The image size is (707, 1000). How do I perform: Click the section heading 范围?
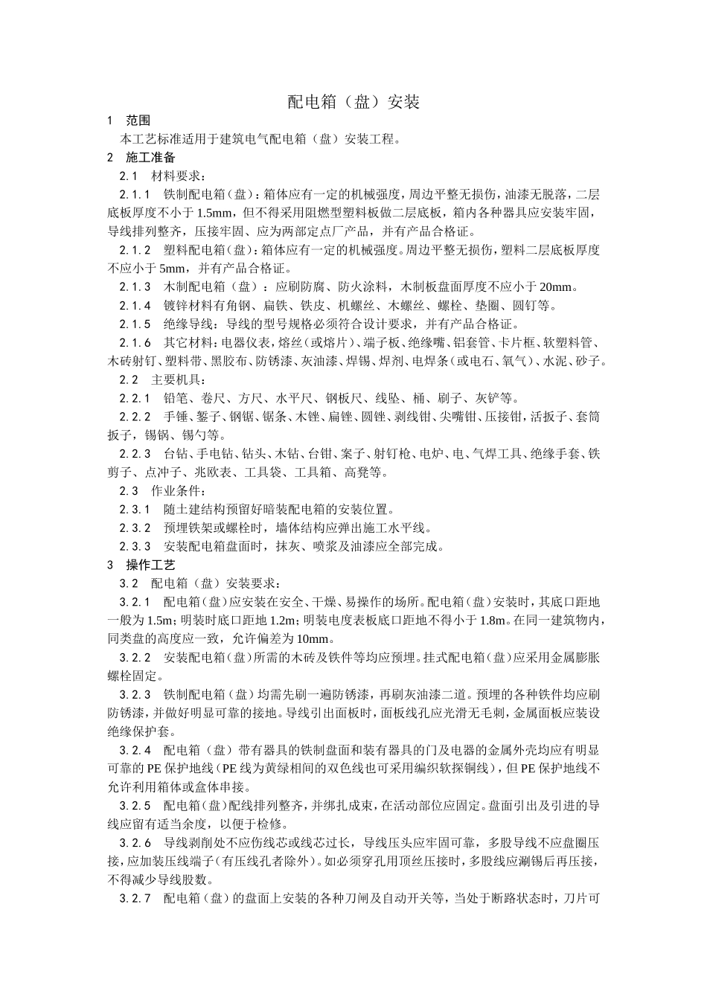click(x=138, y=121)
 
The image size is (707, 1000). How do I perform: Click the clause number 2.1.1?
click(x=135, y=195)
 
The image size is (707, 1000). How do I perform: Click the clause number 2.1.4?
click(x=135, y=306)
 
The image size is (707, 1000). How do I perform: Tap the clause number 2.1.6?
click(x=135, y=343)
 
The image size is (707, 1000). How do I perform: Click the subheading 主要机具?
click(x=175, y=380)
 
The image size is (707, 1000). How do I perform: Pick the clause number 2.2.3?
click(x=135, y=454)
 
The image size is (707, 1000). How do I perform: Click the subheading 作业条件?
click(x=175, y=491)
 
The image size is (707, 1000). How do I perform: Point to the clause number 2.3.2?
click(x=135, y=528)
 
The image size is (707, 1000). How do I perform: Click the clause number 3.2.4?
click(x=135, y=750)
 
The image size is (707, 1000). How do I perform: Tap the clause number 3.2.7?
click(x=135, y=898)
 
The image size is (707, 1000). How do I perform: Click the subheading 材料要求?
click(x=175, y=176)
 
